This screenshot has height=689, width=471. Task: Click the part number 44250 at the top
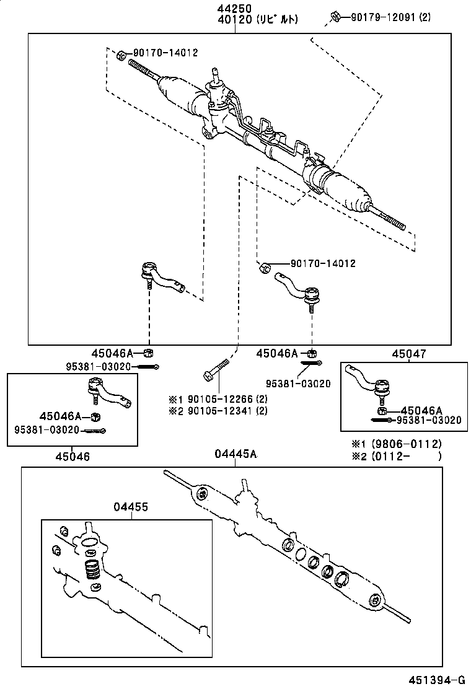234,9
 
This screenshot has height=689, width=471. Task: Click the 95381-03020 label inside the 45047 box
429,420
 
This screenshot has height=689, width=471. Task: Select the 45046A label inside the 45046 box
61,415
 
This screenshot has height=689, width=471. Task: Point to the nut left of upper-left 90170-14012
121,55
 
